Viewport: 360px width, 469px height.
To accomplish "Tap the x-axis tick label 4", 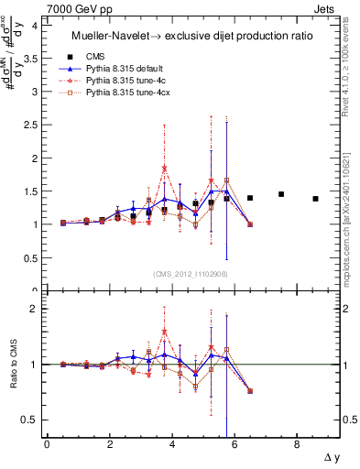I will [172, 445].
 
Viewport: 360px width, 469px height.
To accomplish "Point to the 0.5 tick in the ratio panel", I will [31, 420].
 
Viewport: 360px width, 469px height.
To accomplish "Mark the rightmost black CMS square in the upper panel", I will [315, 199].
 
